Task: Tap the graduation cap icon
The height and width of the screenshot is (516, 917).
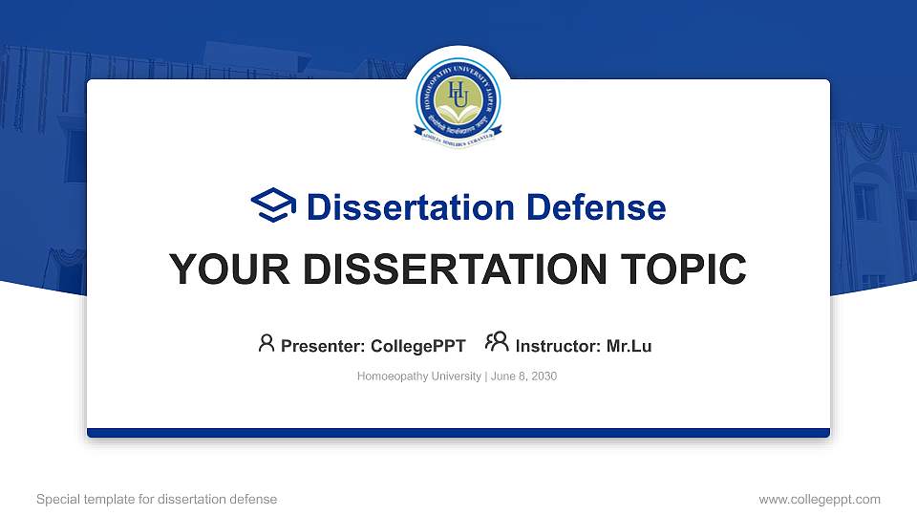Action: click(273, 206)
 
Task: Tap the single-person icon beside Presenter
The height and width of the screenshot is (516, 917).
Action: click(267, 343)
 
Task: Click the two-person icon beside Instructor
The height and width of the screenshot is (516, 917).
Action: click(497, 343)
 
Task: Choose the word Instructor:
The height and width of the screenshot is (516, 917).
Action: click(559, 346)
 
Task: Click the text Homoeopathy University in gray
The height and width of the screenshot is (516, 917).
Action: click(419, 376)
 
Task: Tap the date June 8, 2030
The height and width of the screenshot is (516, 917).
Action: click(523, 376)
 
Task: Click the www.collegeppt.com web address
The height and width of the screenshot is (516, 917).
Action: click(819, 499)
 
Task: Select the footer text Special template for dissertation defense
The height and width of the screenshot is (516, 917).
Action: click(157, 499)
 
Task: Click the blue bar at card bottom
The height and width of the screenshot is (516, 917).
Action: click(458, 433)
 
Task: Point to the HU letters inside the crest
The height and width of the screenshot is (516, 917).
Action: click(458, 93)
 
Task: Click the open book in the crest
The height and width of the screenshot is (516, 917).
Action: click(458, 112)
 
